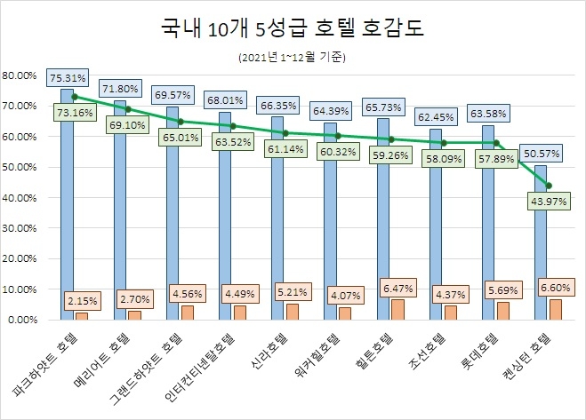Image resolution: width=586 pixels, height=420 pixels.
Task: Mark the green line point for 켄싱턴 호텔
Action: pyautogui.click(x=549, y=186)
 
